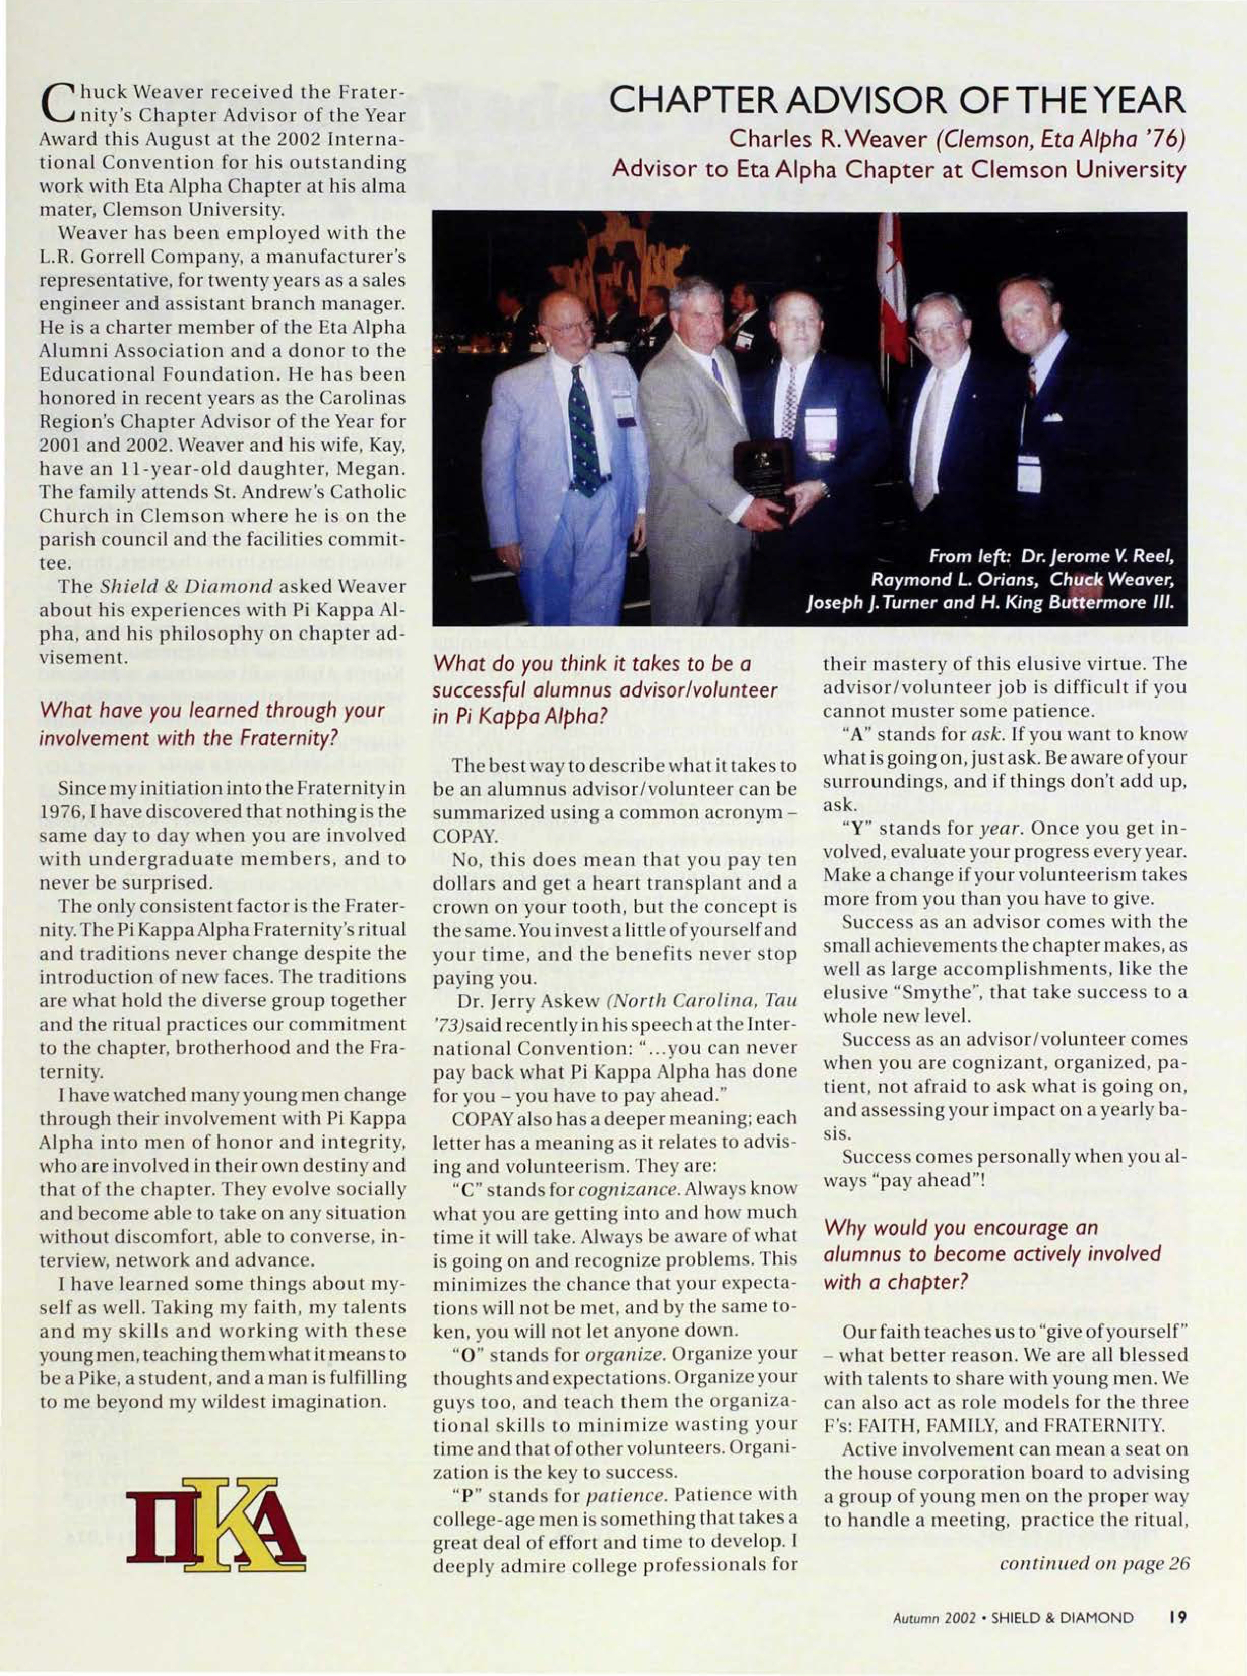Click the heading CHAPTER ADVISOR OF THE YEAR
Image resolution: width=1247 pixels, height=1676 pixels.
899,101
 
